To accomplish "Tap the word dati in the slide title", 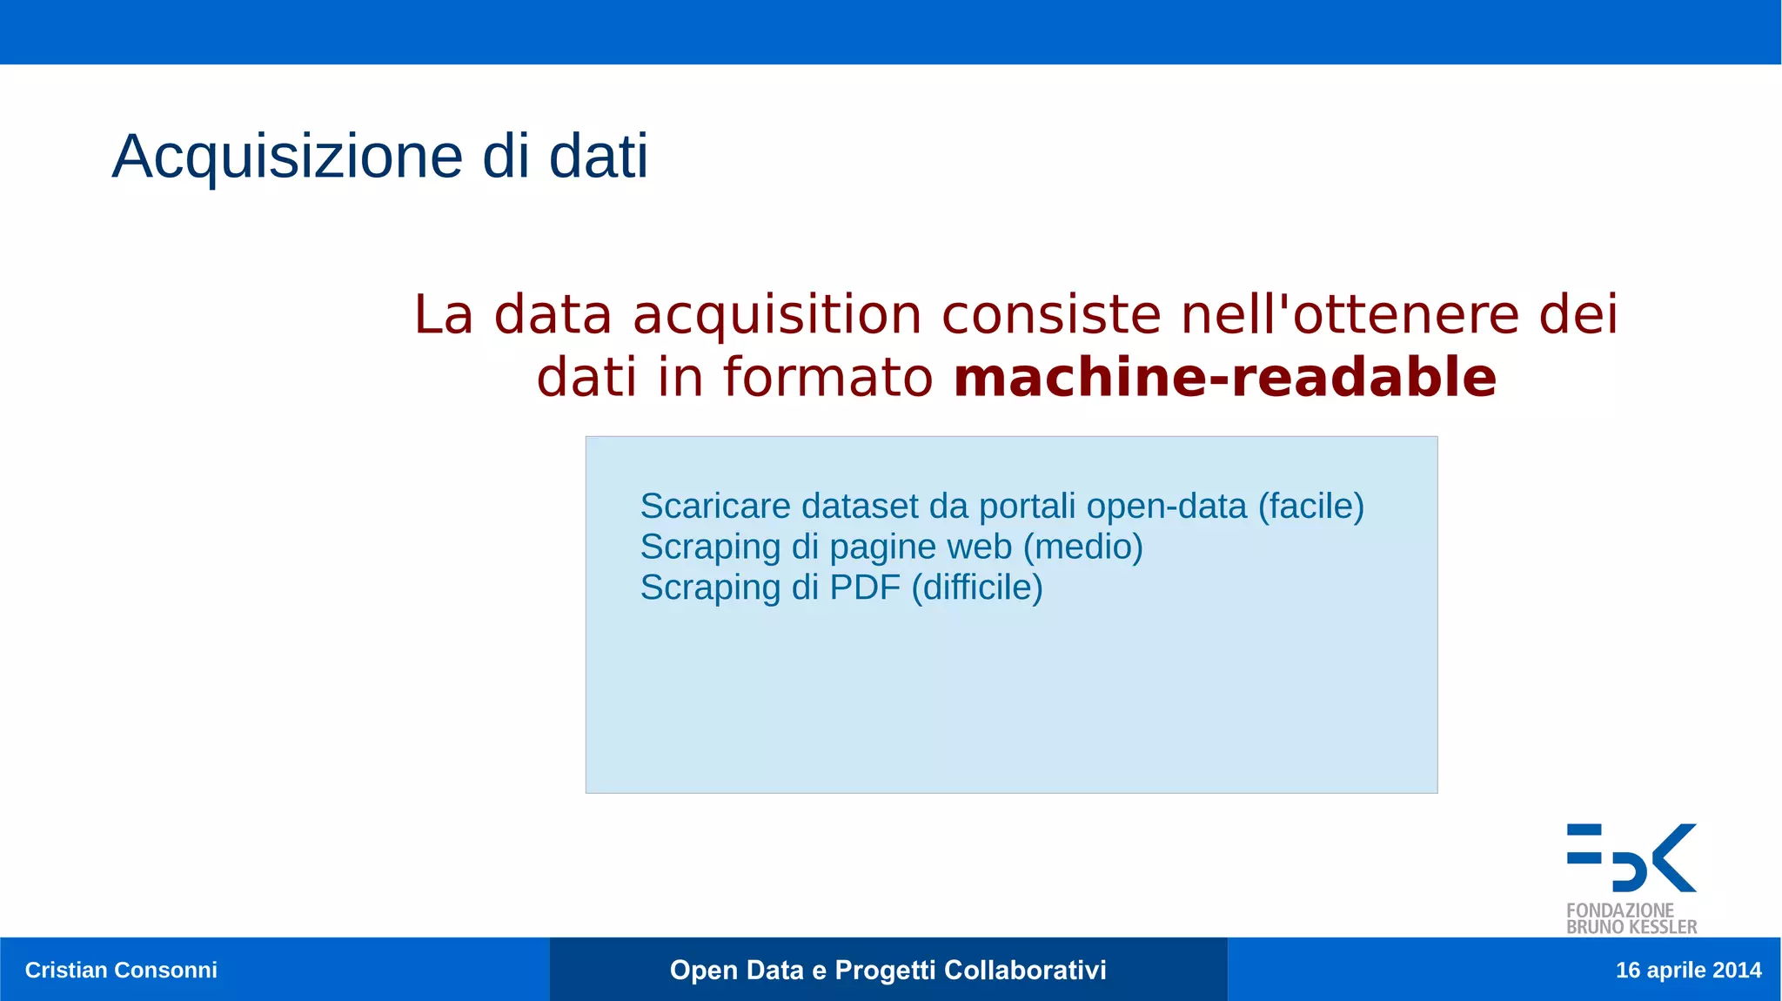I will pyautogui.click(x=598, y=157).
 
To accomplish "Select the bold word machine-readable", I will pyautogui.click(x=1224, y=378).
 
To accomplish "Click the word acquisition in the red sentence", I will pyautogui.click(x=776, y=315).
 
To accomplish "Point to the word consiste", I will pyautogui.click(x=1051, y=314).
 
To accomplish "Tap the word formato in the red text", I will pyautogui.click(x=827, y=378).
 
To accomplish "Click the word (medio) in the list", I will pyautogui.click(x=1082, y=548).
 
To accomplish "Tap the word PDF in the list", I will pyautogui.click(x=865, y=588).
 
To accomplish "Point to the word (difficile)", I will pyautogui.click(x=976, y=588).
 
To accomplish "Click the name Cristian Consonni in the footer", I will pyautogui.click(x=121, y=970).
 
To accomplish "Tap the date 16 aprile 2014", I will pyautogui.click(x=1687, y=970).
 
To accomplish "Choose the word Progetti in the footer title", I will pyautogui.click(x=885, y=970).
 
